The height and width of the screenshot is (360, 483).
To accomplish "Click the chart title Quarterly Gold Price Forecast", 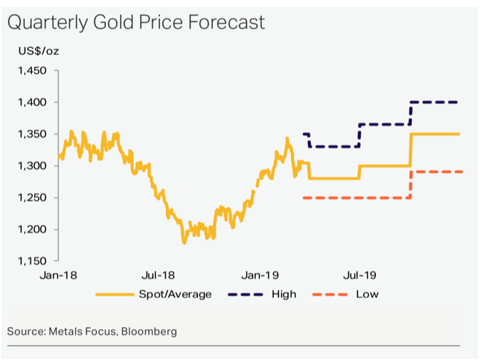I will coord(136,23).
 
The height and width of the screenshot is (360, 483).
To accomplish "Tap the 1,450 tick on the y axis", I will coord(32,71).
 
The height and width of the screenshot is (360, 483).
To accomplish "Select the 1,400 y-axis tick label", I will coord(32,103).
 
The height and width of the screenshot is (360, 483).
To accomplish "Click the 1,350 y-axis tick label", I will coord(32,134).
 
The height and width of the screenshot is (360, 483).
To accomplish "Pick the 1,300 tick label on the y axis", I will coord(32,166).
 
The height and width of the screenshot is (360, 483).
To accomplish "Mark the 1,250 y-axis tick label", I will coord(32,198).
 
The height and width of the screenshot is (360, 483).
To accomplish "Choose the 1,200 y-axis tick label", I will coord(32,229).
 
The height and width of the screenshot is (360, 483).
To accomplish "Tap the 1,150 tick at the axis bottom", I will coord(32,261).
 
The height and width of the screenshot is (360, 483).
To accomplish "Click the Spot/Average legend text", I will coord(175,294).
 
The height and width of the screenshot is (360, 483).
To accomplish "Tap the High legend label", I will coord(284,294).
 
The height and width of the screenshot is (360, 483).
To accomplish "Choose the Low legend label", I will coord(367,294).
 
